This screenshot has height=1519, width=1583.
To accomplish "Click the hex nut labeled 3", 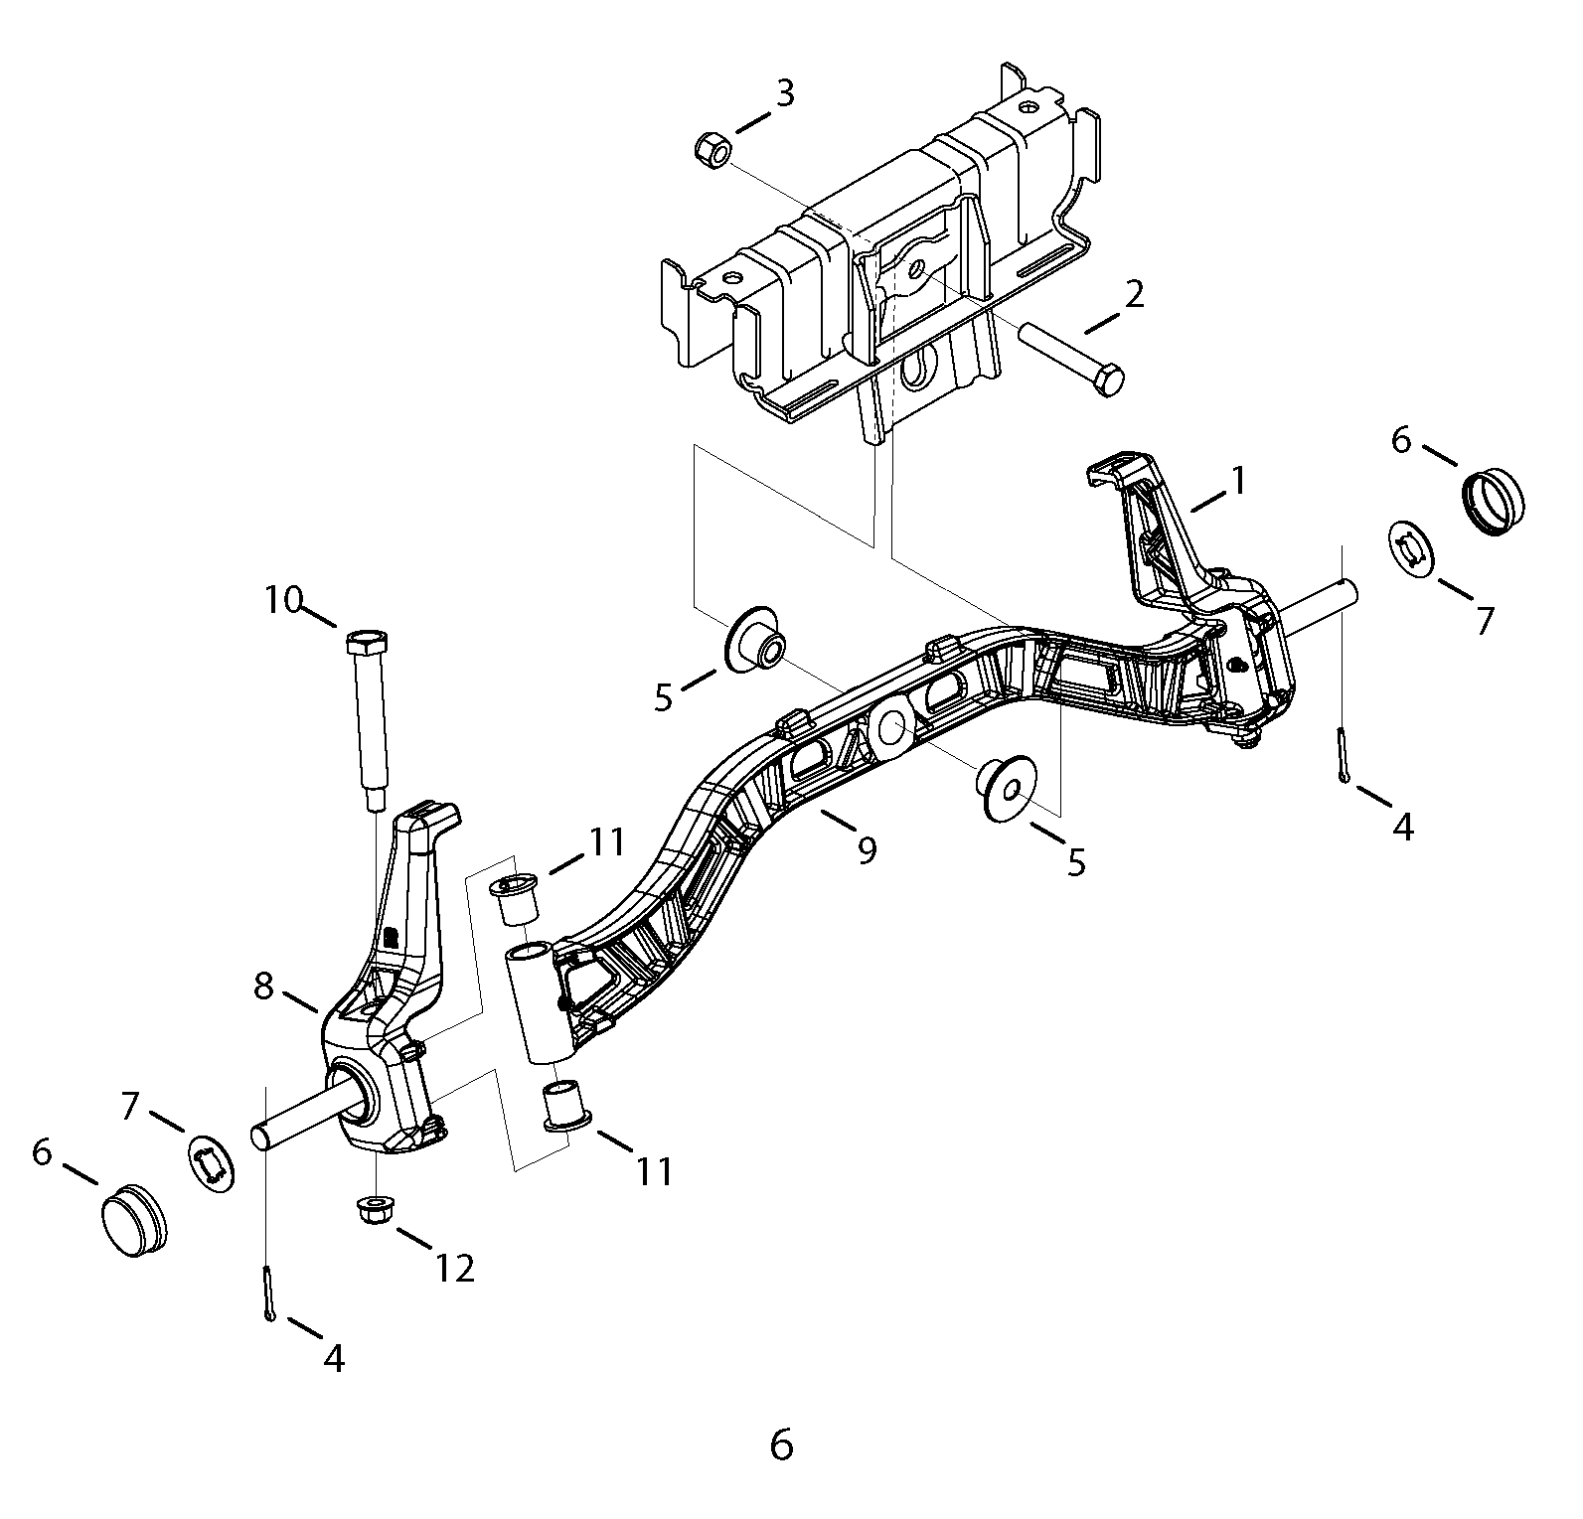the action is pos(711,151).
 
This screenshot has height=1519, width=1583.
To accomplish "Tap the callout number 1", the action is pos(1238,482).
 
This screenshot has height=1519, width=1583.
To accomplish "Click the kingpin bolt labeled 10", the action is pos(368,720).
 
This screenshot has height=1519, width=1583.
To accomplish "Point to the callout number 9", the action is pos(867,850).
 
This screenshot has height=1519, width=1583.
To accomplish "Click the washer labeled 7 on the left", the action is pos(212,1164).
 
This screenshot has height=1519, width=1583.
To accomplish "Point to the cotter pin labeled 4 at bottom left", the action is pos(270,1292).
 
